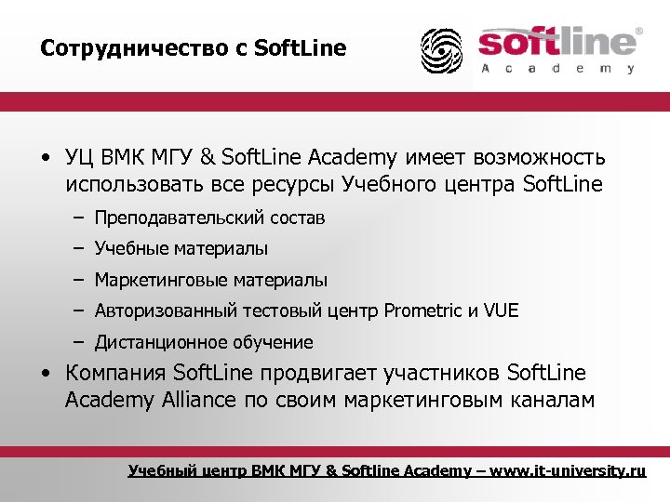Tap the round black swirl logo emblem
pos(441,50)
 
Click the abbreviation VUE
pos(502,310)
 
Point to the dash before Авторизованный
pos(80,310)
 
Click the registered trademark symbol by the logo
pos(637,32)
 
